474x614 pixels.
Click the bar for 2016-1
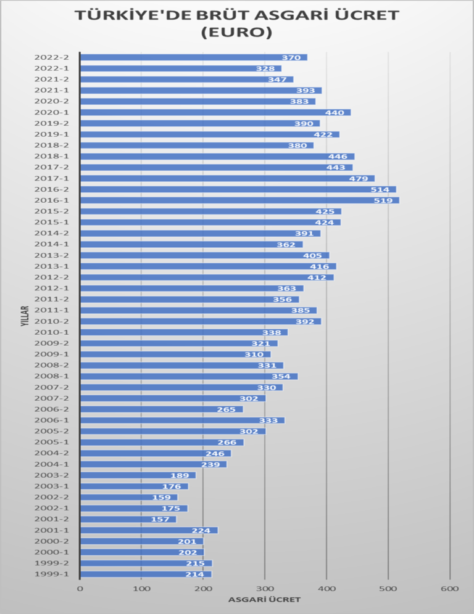pos(239,200)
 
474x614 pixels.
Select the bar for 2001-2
pos(128,519)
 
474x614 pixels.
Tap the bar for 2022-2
pos(194,57)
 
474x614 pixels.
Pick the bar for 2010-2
pos(201,321)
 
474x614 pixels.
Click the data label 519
pos(383,200)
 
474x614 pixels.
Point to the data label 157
pos(160,520)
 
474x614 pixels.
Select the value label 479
pos(358,179)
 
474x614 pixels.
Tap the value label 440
pos(335,113)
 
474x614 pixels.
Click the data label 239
pos(210,465)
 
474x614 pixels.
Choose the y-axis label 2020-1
pos(52,112)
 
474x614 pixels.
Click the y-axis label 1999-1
pos(52,574)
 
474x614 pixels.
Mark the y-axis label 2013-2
pos(52,255)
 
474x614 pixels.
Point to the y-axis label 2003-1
pos(52,486)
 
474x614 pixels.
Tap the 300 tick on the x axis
pos(265,589)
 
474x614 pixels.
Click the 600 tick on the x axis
pos(450,589)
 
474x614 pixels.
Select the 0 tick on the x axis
pos(80,589)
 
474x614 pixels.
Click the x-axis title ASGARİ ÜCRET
pos(264,600)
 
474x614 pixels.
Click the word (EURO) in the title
pos(237,31)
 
